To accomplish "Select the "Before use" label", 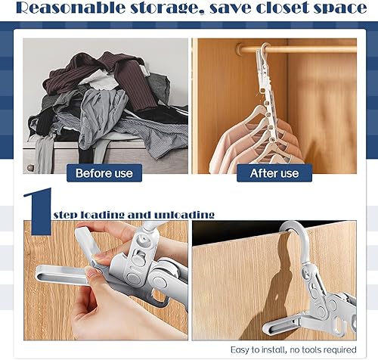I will click(104, 173).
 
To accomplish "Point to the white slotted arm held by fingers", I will click(57, 272).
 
